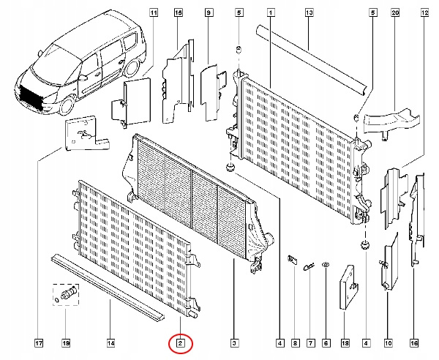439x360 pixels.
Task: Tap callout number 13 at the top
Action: coord(309,12)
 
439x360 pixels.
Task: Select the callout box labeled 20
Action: coord(395,12)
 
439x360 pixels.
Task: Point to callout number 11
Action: coord(154,12)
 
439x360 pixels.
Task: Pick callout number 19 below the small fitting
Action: coord(65,341)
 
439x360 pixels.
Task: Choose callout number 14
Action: coord(110,341)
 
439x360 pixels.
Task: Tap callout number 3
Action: coord(233,341)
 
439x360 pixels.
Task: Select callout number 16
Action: coord(414,341)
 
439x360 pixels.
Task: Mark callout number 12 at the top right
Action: coord(425,12)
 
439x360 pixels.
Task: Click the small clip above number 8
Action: coord(293,259)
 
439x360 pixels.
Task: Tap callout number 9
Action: coord(209,12)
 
